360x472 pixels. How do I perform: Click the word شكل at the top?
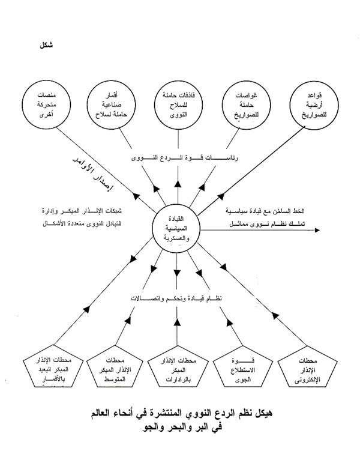[45, 45]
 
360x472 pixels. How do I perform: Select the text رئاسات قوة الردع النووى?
[177, 158]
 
